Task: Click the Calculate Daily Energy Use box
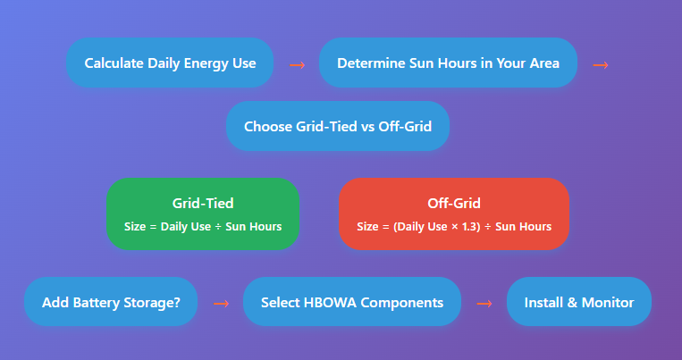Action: (x=170, y=63)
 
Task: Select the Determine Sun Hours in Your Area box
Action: (x=448, y=63)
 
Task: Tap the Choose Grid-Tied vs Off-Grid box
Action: (x=338, y=126)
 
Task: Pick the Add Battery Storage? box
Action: (x=111, y=302)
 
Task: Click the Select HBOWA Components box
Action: (x=352, y=302)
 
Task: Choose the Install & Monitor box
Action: (x=579, y=302)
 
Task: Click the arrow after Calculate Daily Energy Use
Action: (x=297, y=65)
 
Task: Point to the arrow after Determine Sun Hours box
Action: (x=601, y=65)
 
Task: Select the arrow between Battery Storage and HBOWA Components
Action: (x=221, y=304)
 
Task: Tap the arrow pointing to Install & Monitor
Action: (x=484, y=304)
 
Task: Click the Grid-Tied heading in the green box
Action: (x=203, y=203)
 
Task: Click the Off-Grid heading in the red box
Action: (x=454, y=203)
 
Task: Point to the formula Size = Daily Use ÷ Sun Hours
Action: (x=203, y=227)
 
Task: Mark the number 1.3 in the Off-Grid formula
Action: (x=471, y=227)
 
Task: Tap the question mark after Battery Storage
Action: (x=177, y=302)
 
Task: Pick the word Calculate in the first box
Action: (x=114, y=63)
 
